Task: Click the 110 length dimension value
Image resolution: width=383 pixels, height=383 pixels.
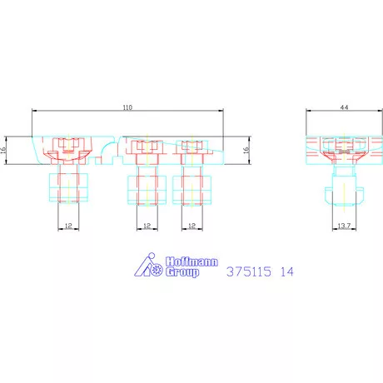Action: (x=127, y=107)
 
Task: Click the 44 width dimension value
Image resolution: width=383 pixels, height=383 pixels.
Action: (x=344, y=107)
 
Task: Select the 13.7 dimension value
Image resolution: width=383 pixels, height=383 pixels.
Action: (x=344, y=226)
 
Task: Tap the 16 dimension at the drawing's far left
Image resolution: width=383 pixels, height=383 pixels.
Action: (x=3, y=150)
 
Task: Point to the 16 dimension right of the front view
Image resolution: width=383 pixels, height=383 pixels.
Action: (x=246, y=150)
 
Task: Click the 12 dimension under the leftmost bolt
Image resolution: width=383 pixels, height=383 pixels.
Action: (x=68, y=226)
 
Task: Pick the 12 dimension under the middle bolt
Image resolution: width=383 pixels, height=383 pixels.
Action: (x=147, y=226)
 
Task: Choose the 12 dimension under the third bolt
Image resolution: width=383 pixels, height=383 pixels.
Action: (x=192, y=226)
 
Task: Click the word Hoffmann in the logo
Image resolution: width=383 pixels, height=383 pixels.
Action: (x=191, y=261)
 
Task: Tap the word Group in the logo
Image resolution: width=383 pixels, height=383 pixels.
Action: (x=182, y=272)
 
